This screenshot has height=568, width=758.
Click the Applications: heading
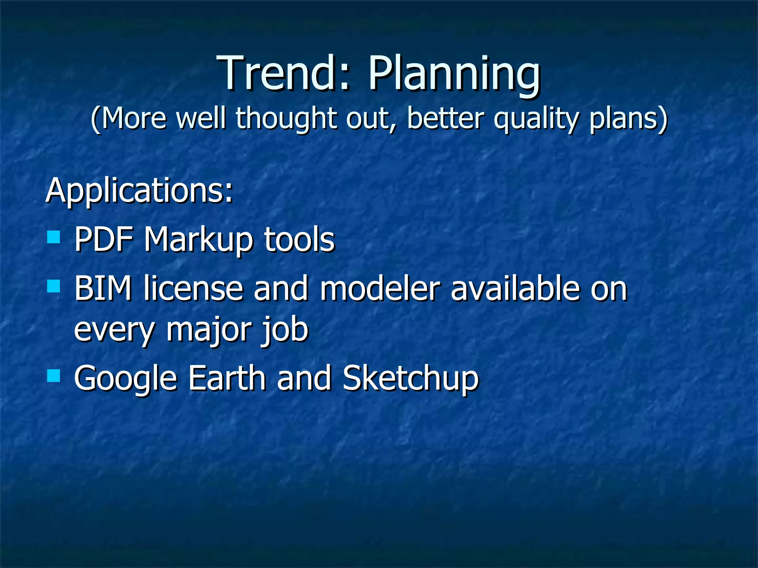point(139,191)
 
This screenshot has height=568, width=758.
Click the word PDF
point(104,240)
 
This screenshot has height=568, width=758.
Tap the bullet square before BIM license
point(54,286)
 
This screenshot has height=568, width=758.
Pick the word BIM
point(103,288)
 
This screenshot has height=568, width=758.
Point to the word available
point(515,288)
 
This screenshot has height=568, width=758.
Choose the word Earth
point(227,378)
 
